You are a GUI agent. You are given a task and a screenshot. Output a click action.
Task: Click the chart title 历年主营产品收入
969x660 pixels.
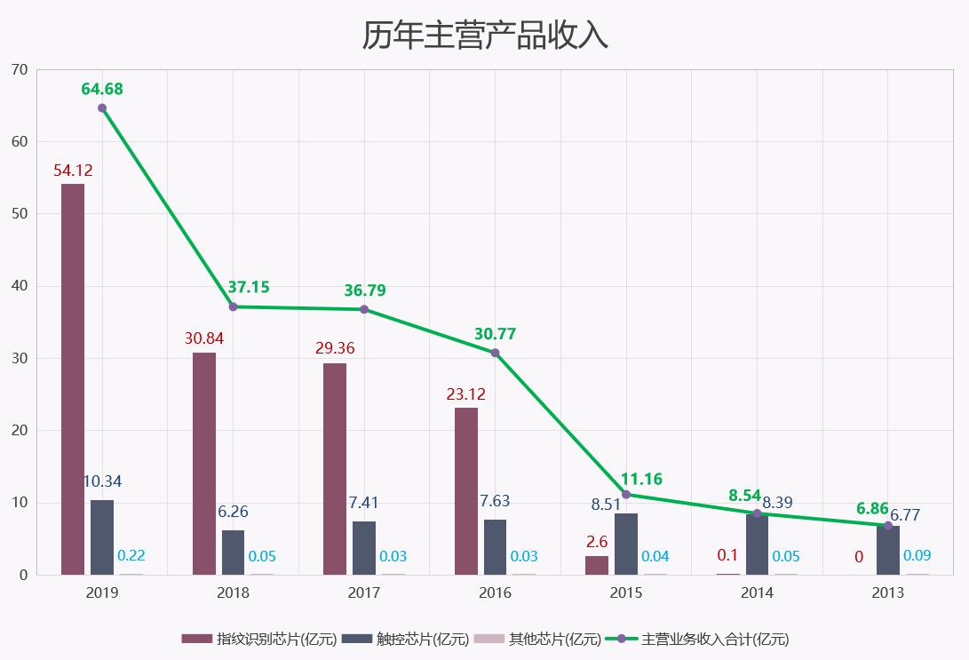(x=484, y=35)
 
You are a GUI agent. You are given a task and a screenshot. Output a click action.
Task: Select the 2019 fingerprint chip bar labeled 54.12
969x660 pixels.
(x=73, y=379)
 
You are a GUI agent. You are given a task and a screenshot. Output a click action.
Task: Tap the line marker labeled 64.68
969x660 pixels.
(x=102, y=107)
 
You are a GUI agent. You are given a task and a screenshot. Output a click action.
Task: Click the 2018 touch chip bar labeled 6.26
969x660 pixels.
(x=233, y=552)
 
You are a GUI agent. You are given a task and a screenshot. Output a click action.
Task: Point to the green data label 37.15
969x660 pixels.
(x=249, y=287)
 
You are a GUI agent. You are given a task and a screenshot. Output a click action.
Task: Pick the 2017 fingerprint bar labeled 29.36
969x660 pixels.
(x=335, y=468)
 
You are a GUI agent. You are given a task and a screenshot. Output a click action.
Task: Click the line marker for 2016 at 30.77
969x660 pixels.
(x=496, y=353)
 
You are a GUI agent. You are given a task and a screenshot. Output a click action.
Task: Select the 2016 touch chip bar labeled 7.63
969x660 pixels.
(x=496, y=547)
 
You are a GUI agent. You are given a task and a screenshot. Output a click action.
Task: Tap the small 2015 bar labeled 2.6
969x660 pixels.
(x=597, y=565)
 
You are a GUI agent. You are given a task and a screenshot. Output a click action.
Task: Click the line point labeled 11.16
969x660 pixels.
(x=626, y=494)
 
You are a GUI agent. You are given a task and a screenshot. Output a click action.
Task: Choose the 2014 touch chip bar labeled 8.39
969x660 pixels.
(x=757, y=545)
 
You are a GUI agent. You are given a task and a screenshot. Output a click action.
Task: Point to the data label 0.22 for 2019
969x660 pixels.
(x=131, y=555)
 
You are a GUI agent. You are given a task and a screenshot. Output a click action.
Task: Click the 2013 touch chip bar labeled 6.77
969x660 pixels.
(x=888, y=551)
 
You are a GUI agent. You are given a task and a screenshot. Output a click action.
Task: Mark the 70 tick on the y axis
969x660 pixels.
(x=20, y=69)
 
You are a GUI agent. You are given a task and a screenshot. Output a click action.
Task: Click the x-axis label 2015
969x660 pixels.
(x=626, y=592)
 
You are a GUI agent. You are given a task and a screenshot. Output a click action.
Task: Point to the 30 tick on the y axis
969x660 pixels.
(x=20, y=358)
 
